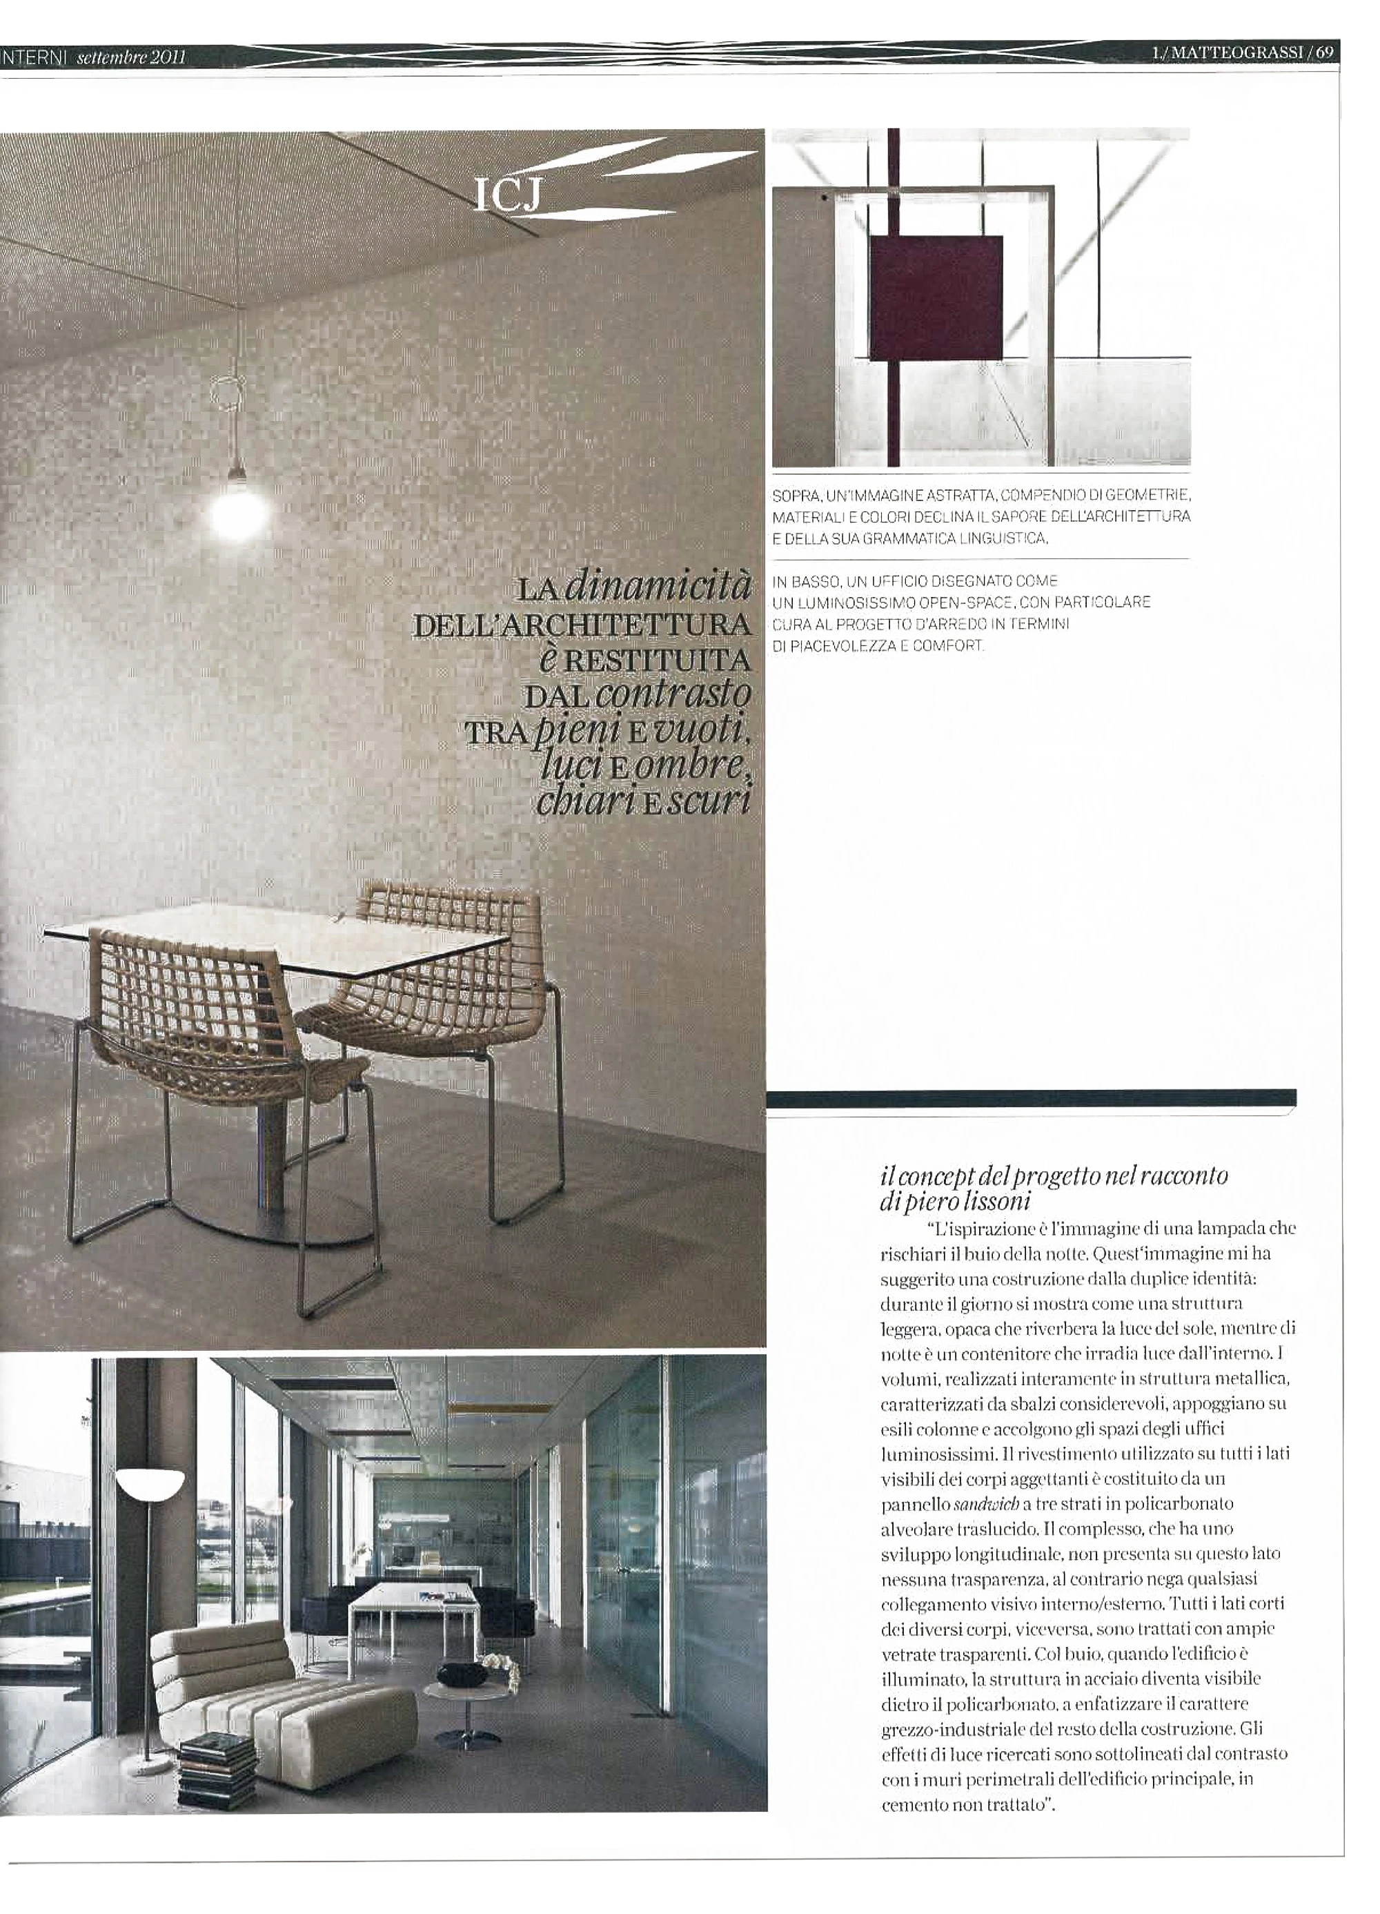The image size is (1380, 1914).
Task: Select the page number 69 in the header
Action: point(1323,52)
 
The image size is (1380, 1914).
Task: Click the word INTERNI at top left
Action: point(34,57)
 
